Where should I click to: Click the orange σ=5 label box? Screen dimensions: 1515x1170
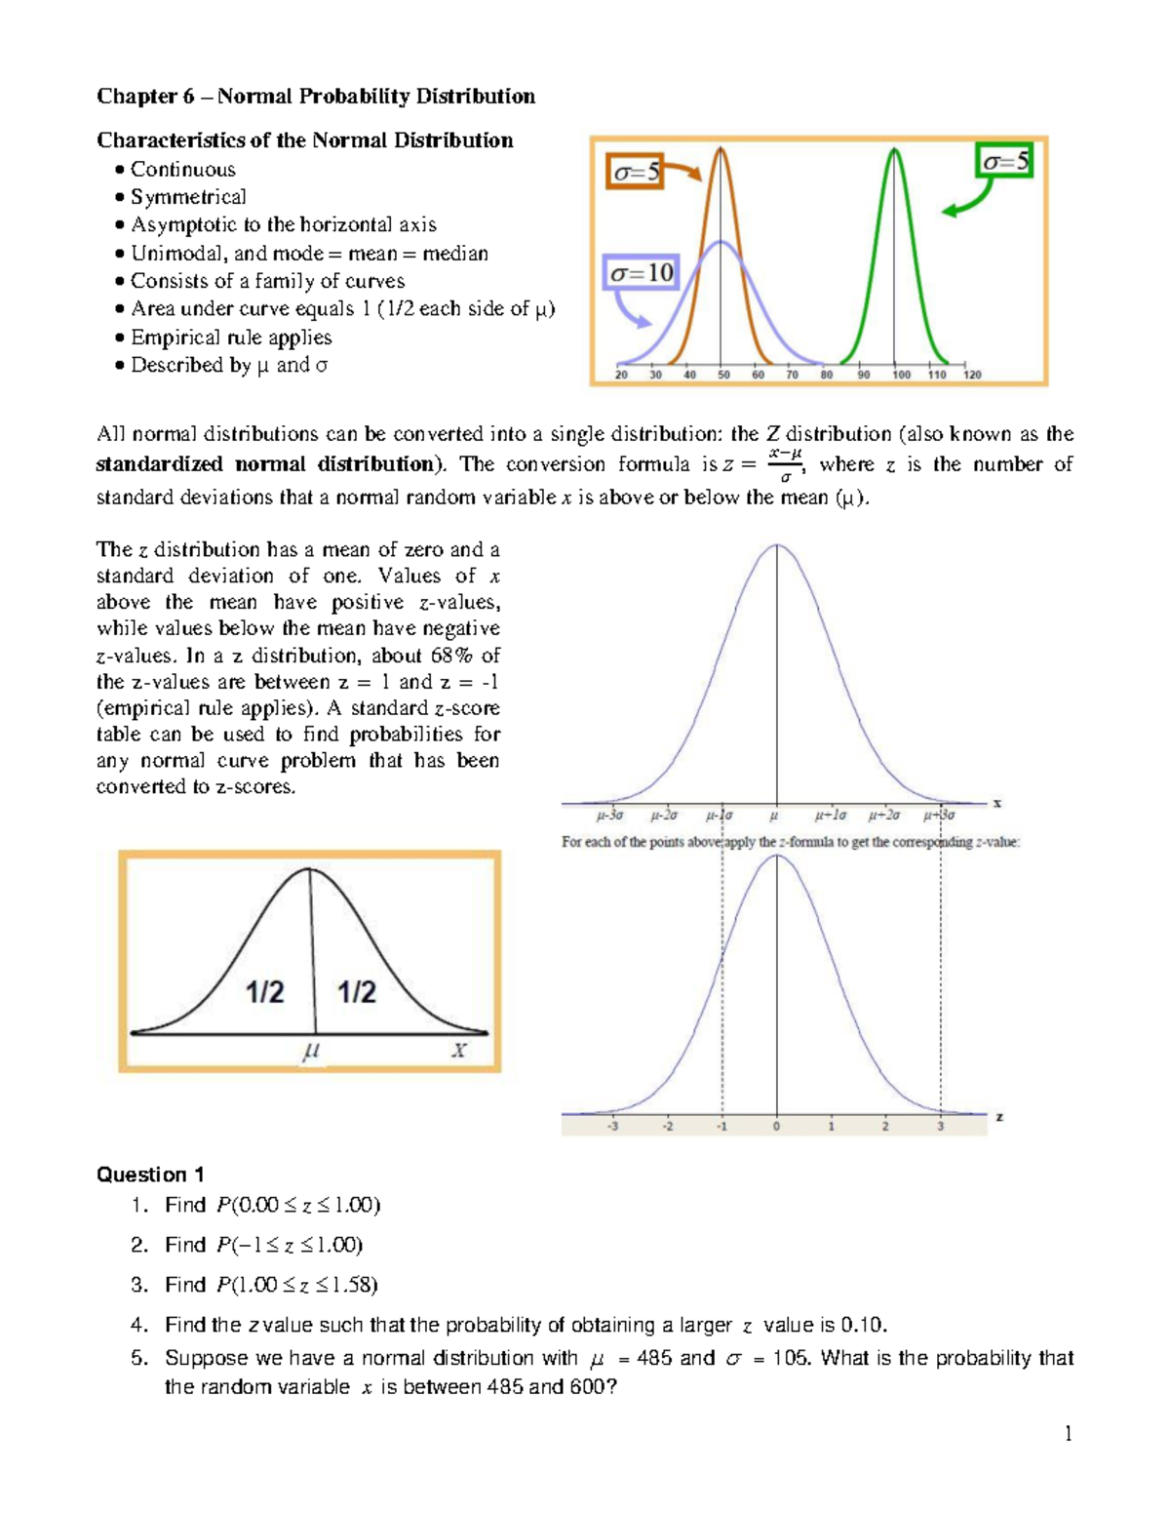635,172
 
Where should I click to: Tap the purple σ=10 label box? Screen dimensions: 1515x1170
642,273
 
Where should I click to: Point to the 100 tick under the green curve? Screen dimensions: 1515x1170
901,375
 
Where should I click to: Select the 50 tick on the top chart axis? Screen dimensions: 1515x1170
723,375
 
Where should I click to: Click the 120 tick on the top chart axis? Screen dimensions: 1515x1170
972,375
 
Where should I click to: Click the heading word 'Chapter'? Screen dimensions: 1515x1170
136,96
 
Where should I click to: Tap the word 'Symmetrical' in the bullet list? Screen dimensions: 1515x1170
188,197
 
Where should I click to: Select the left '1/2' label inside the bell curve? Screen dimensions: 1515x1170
264,992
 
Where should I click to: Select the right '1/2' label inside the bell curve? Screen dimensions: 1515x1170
356,992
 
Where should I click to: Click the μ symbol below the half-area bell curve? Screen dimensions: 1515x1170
311,1051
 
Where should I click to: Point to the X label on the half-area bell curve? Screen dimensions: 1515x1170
458,1051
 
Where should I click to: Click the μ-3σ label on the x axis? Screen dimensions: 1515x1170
609,815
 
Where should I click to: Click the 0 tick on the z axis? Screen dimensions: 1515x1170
776,1126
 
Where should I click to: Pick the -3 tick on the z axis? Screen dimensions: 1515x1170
612,1126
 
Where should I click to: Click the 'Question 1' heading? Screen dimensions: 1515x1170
150,1175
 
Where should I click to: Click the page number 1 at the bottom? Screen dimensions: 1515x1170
1068,1433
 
